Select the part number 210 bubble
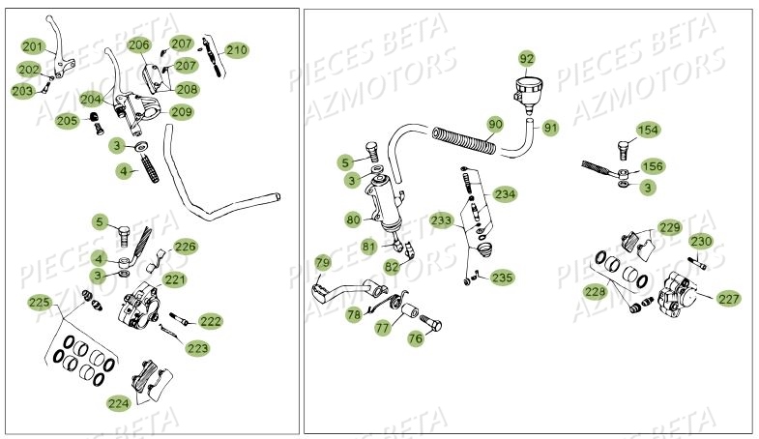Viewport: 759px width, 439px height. coord(237,49)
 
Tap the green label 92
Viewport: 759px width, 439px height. coord(526,59)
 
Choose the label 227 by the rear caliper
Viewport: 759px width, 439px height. coord(729,299)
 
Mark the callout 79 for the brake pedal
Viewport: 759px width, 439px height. coord(322,262)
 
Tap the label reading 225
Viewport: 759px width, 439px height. coord(39,303)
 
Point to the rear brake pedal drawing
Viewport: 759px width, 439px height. coord(353,289)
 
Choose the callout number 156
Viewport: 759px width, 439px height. coord(654,166)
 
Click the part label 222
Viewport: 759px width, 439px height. coord(210,321)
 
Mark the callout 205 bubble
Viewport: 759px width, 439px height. coord(67,121)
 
